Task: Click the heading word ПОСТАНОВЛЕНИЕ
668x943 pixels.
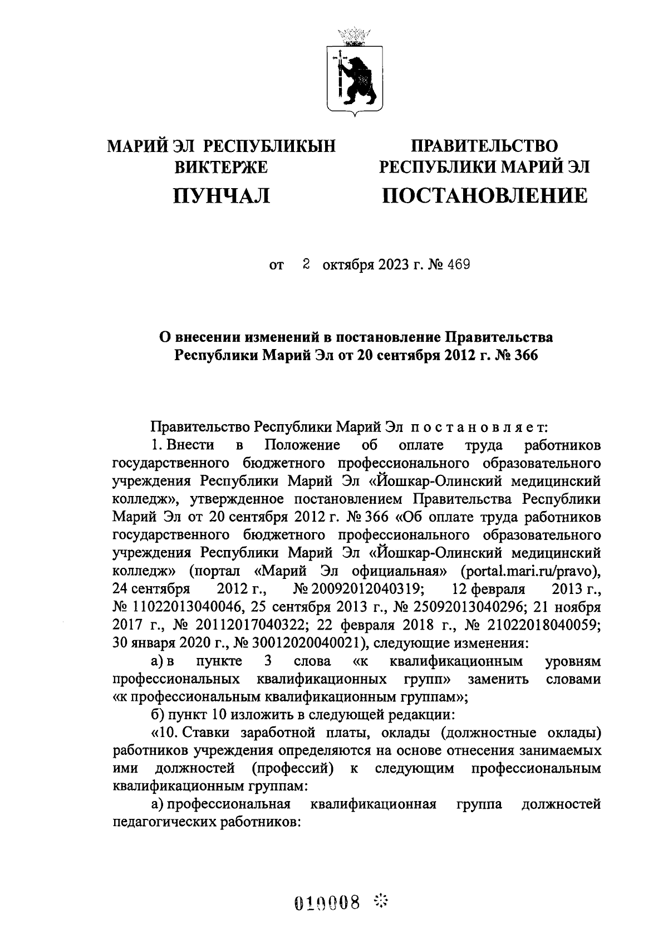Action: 484,195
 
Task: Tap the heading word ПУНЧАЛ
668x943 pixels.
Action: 222,195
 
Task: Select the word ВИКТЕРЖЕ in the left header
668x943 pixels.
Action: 222,166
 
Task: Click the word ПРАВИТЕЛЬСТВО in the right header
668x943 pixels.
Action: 484,146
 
